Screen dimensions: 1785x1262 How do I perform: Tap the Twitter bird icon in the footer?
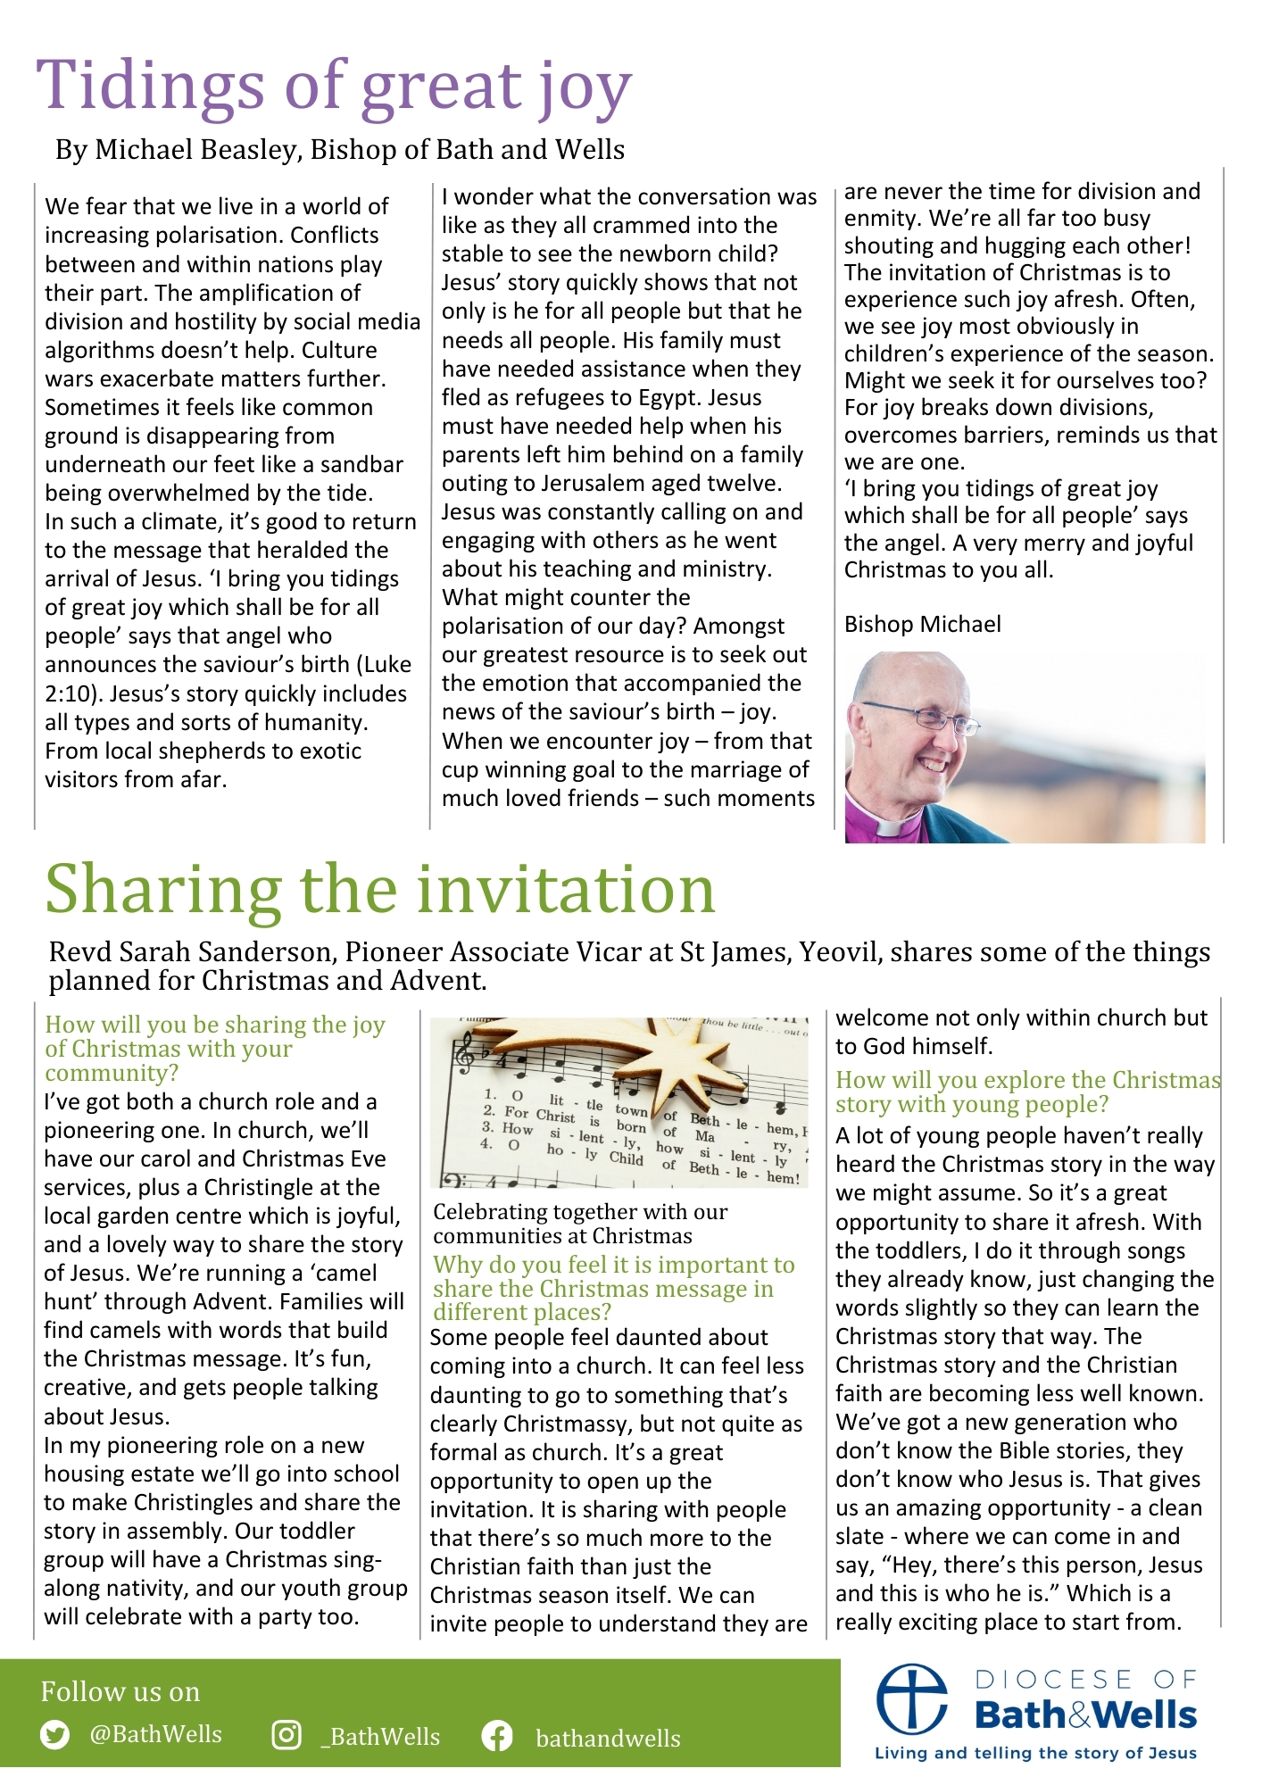55,1735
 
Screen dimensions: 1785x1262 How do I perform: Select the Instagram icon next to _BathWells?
286,1735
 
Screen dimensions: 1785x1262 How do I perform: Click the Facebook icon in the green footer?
496,1736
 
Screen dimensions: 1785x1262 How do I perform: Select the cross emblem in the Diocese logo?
911,1698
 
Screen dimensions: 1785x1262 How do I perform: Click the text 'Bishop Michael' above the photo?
922,624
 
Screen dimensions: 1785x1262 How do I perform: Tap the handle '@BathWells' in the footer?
155,1734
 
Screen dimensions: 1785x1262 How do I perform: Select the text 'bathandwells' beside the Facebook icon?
608,1738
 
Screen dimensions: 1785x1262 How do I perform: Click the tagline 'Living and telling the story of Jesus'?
1035,1753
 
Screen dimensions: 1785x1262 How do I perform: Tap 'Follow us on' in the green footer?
120,1691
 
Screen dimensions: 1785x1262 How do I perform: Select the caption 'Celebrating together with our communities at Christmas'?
580,1224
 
